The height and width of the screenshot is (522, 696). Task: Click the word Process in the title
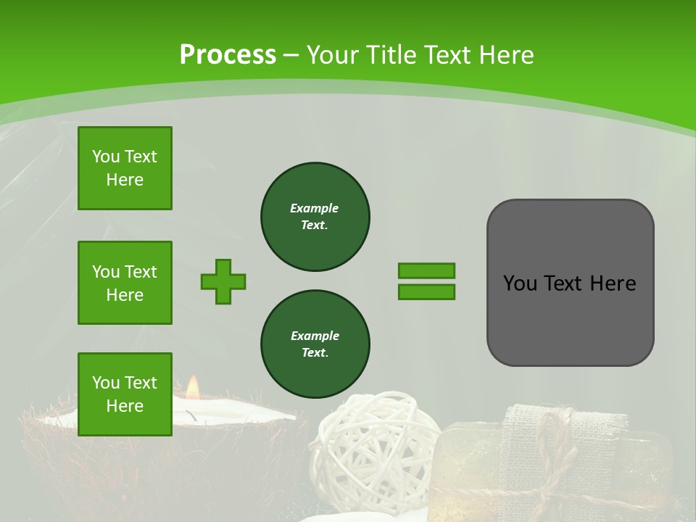[x=228, y=55]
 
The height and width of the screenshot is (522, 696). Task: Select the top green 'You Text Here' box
[x=125, y=168]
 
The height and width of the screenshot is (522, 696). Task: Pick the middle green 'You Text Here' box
[x=125, y=283]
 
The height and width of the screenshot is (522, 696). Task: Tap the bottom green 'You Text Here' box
[x=125, y=394]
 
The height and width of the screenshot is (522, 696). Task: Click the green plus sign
[x=223, y=281]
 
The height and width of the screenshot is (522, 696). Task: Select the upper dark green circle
[x=315, y=217]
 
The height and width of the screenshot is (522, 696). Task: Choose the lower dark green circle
[x=315, y=344]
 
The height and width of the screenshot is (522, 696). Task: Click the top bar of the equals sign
[x=426, y=270]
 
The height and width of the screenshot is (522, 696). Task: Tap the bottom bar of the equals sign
[x=426, y=291]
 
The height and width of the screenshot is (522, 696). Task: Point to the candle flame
[x=192, y=388]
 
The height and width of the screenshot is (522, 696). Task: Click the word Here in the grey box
[x=613, y=283]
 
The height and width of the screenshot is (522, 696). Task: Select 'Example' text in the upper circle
[x=315, y=208]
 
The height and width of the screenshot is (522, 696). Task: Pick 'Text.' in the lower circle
[x=315, y=353]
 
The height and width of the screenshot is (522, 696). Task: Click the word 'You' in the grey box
[x=521, y=283]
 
